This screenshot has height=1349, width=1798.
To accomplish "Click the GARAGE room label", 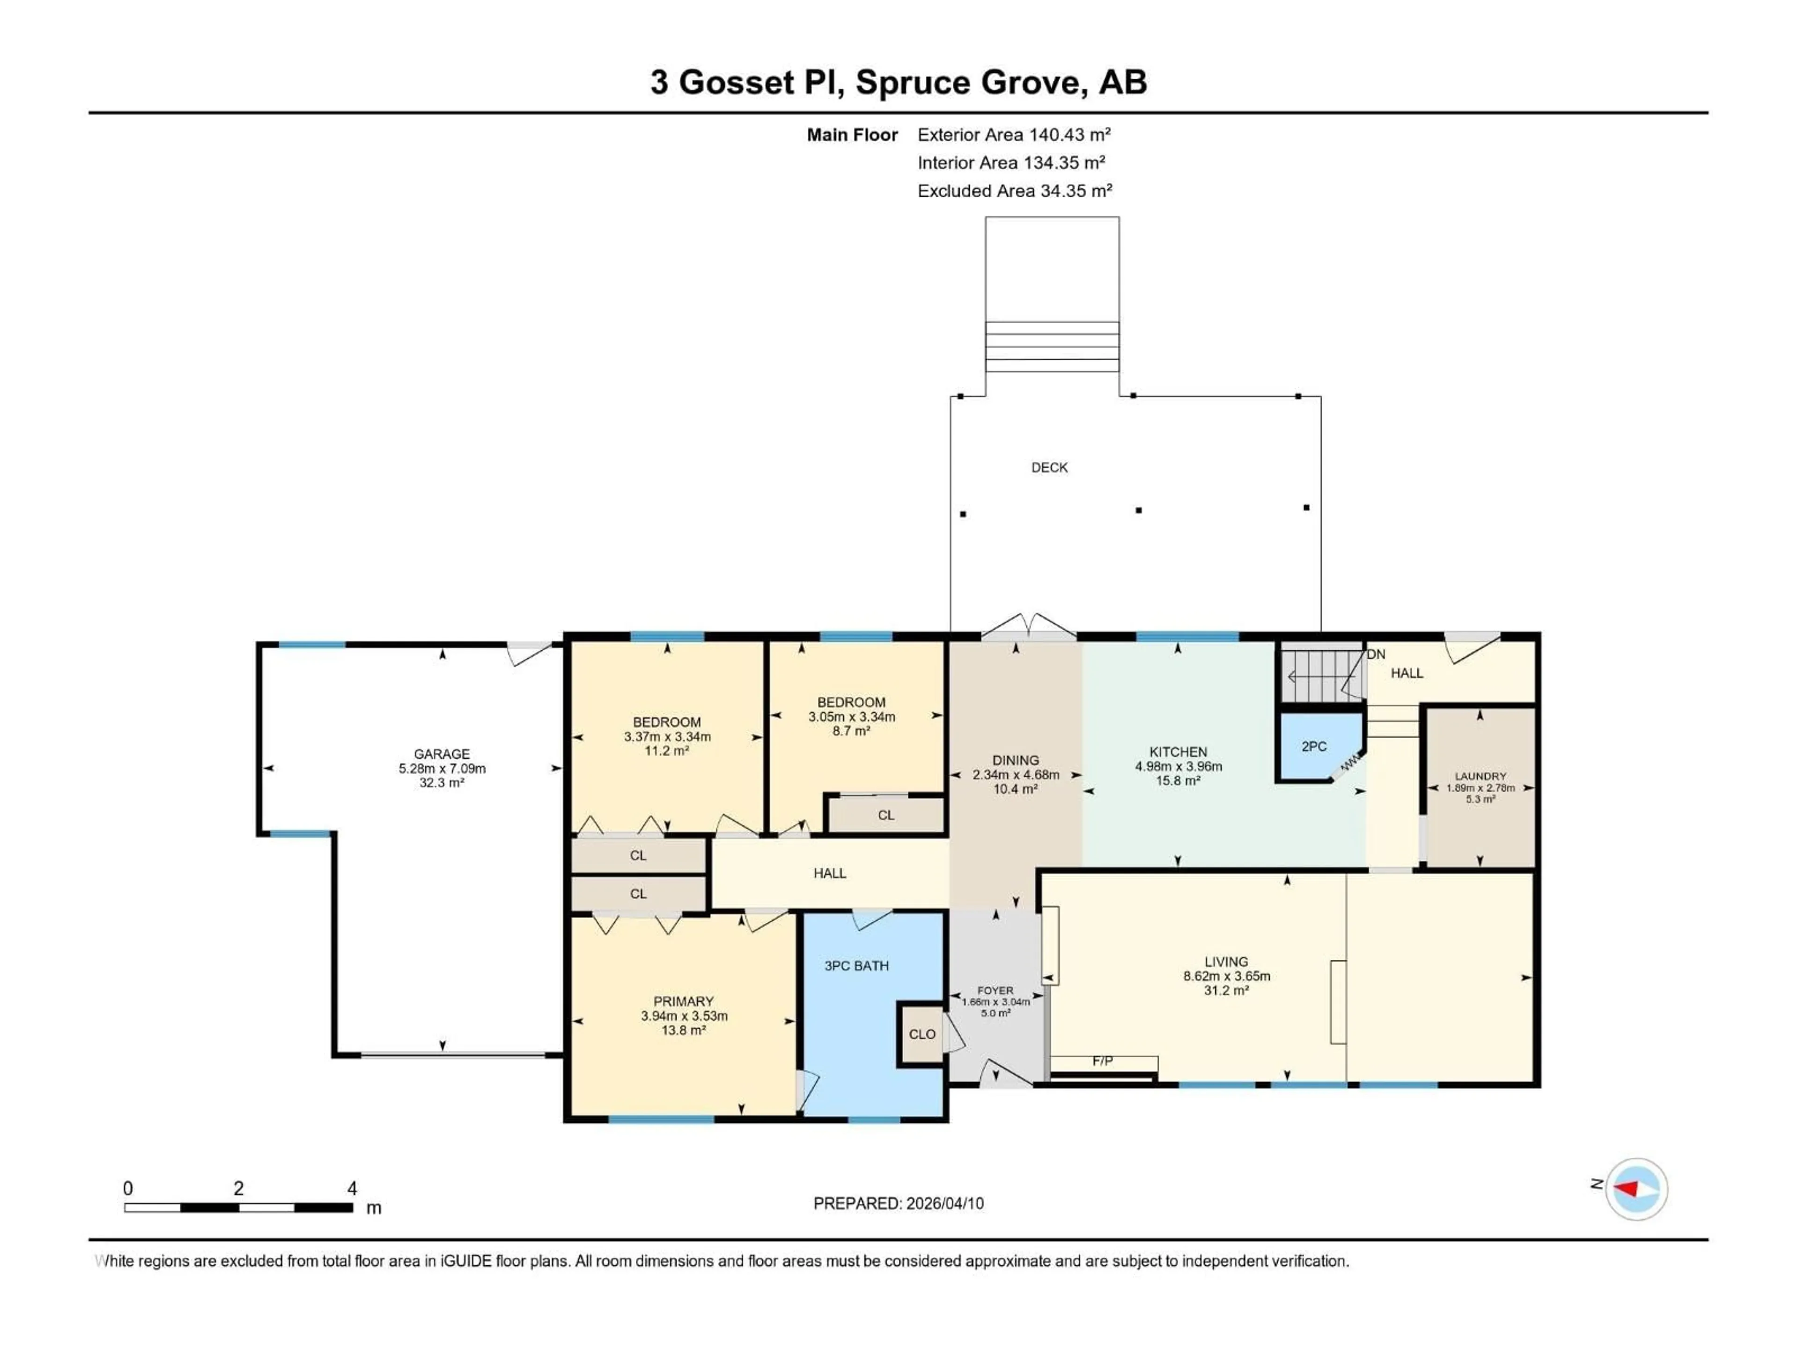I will pyautogui.click(x=442, y=754).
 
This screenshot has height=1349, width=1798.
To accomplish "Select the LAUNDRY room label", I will pyautogui.click(x=1480, y=776).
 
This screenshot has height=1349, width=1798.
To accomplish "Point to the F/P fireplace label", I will pyautogui.click(x=1102, y=1061).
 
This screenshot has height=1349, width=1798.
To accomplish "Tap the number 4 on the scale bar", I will pyautogui.click(x=352, y=1188).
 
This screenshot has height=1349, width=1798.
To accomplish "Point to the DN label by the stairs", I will pyautogui.click(x=1375, y=654).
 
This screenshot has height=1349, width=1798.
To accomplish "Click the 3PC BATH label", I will pyautogui.click(x=856, y=966).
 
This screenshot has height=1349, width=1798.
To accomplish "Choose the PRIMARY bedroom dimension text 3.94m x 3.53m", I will pyautogui.click(x=684, y=1015).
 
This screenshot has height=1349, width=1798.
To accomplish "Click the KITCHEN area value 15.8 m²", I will pyautogui.click(x=1178, y=781).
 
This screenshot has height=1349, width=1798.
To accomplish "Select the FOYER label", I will pyautogui.click(x=995, y=990).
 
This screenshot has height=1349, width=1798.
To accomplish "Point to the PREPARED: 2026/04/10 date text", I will pyautogui.click(x=898, y=1203).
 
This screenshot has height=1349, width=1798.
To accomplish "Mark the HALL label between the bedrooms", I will pyautogui.click(x=830, y=873).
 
